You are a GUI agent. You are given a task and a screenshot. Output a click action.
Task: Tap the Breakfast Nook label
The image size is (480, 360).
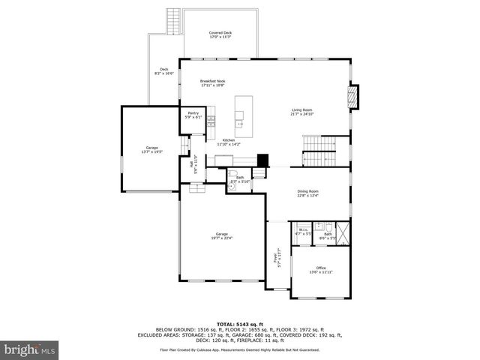tap(212, 83)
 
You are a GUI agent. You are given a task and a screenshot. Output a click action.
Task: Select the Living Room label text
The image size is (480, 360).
tap(301, 112)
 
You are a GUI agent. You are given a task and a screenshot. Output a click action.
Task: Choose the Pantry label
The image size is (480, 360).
tap(193, 115)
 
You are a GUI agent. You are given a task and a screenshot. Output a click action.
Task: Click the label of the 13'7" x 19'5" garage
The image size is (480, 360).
tap(152, 150)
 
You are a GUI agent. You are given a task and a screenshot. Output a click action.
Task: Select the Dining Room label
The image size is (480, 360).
tap(308, 193)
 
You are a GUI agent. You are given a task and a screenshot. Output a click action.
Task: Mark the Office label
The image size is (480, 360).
tap(320, 270)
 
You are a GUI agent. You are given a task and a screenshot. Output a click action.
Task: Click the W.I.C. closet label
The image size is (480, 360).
tap(303, 233)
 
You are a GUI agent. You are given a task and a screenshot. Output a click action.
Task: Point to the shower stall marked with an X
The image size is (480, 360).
tap(343, 233)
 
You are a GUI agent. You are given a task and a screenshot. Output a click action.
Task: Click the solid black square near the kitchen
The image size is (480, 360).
tap(262, 160)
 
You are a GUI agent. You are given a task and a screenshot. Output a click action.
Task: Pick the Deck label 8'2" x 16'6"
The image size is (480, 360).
tap(163, 72)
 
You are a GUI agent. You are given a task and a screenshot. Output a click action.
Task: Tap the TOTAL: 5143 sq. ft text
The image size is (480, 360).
tap(240, 324)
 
